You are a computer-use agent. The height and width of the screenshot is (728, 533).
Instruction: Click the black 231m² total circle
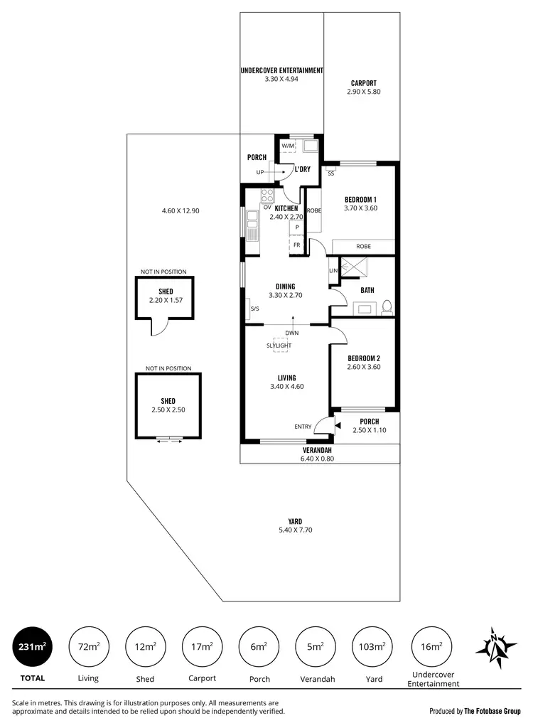coord(32,646)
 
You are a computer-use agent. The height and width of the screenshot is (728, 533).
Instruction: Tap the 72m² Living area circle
coord(88,646)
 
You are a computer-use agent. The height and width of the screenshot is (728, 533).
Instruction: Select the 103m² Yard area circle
coord(373,646)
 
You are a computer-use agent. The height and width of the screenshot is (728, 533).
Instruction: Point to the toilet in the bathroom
coord(387,306)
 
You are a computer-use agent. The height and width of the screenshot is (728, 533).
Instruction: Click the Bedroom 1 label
coord(360,199)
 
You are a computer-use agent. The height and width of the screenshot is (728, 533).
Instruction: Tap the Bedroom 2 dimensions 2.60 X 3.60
coord(365,367)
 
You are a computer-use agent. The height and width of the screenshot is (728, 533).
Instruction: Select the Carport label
coord(364,82)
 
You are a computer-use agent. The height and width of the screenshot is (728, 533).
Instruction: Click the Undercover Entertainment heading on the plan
coord(281,70)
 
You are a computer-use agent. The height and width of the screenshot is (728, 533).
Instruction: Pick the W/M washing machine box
coord(288,146)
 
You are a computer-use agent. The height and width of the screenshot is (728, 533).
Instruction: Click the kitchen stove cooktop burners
coord(268,196)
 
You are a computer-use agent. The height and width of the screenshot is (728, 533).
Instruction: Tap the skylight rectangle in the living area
coord(279,345)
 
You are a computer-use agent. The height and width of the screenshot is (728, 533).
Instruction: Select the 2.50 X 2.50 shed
coord(168,405)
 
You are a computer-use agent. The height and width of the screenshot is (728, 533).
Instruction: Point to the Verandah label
coord(318,450)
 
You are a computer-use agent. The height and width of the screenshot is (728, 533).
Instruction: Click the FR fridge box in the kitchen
coord(296,245)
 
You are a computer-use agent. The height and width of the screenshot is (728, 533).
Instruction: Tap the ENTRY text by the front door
coord(303,427)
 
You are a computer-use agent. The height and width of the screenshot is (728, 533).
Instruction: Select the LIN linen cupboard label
coord(333,271)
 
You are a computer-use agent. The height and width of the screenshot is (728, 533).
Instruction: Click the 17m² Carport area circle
coord(202,646)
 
